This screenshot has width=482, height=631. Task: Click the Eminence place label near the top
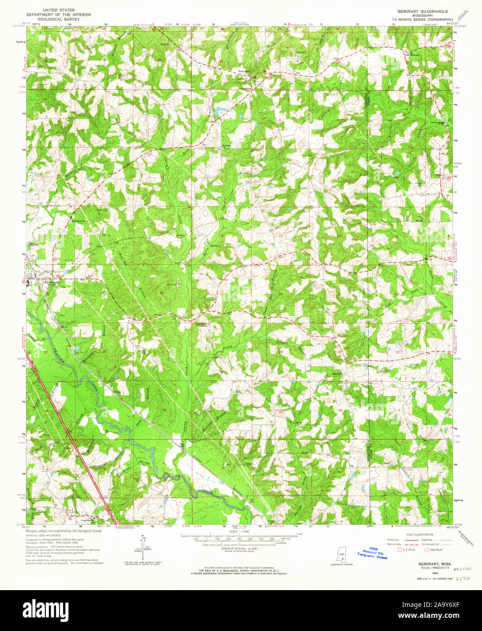(244, 71)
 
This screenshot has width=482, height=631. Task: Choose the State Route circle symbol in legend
(427, 550)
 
